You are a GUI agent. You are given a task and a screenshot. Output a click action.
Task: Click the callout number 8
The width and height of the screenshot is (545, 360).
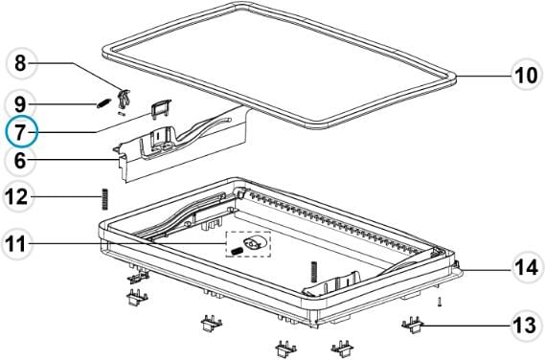[x=20, y=63]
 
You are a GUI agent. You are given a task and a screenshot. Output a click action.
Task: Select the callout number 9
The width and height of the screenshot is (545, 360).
[x=20, y=104]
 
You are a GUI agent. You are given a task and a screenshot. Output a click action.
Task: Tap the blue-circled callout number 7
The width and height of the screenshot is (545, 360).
[x=20, y=132]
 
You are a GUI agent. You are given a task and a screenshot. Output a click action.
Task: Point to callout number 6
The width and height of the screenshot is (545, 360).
[x=20, y=161]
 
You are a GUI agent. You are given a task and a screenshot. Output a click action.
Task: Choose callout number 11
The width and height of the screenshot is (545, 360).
[x=16, y=244]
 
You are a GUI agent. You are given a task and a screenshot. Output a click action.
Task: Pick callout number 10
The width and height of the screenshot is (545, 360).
[x=526, y=75]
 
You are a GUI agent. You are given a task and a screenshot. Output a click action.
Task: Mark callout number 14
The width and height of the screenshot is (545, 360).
[x=526, y=268]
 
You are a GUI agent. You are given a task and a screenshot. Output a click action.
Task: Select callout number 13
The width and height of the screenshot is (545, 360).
[x=526, y=326]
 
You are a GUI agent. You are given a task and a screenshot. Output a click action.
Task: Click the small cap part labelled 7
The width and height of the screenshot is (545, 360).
[x=161, y=108]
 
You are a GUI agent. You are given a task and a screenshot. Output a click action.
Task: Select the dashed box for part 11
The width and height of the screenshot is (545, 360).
[x=248, y=244]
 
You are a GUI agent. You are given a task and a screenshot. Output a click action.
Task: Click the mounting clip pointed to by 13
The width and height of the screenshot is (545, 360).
[x=412, y=325]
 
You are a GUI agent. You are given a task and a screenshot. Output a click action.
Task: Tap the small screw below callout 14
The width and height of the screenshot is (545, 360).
[x=440, y=302]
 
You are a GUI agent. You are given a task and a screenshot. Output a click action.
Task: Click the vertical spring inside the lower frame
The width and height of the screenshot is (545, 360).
[x=314, y=271]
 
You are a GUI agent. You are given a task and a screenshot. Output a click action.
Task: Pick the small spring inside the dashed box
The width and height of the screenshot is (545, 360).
[x=237, y=250]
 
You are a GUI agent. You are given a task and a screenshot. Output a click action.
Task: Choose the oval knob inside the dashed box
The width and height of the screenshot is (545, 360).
[x=255, y=242]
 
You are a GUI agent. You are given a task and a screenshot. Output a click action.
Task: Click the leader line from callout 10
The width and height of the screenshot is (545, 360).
[x=484, y=76]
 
